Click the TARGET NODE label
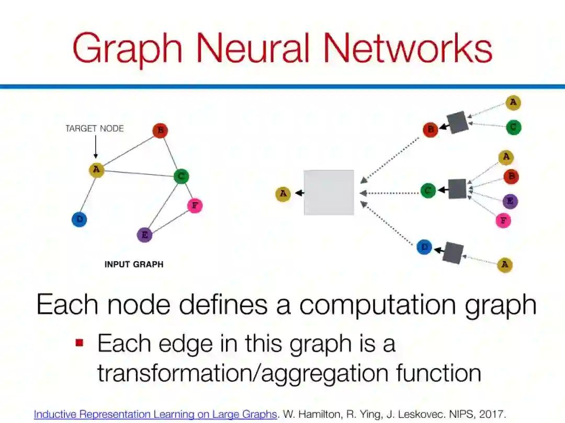[x=95, y=128]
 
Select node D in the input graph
[x=79, y=219]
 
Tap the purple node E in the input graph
[x=145, y=235]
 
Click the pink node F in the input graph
[x=195, y=205]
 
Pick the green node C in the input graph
[x=181, y=177]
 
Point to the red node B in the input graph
[x=160, y=130]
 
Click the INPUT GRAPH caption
[x=134, y=264]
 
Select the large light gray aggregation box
[x=329, y=193]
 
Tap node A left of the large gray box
[x=283, y=194]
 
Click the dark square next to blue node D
[x=453, y=253]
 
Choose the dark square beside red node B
[x=458, y=123]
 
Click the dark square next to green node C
[x=457, y=189]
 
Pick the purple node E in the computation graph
[x=510, y=201]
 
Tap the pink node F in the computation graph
[x=503, y=220]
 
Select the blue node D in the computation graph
[x=424, y=247]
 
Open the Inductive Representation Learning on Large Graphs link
[x=155, y=415]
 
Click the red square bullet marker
[x=80, y=343]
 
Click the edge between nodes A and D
[x=88, y=194]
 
